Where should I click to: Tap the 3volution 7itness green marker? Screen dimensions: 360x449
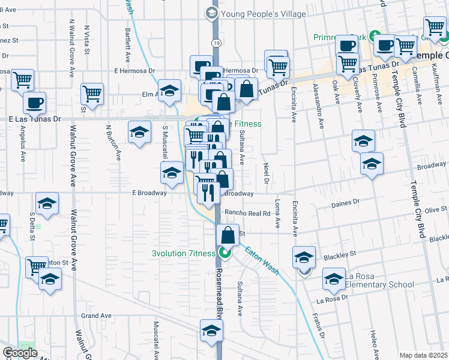(x=225, y=253)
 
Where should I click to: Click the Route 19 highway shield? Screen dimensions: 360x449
(x=215, y=42)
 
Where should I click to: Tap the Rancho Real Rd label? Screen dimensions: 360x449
(x=248, y=213)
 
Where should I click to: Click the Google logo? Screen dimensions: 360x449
(x=20, y=353)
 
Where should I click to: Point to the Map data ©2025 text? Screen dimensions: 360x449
(x=423, y=355)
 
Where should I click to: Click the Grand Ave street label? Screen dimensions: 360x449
(x=97, y=315)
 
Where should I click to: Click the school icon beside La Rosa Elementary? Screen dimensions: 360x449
(x=334, y=278)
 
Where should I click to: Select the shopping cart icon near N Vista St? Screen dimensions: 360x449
(x=92, y=93)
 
